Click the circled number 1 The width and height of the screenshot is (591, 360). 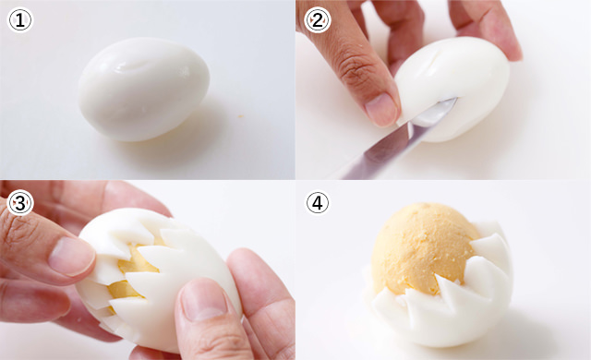[20, 20]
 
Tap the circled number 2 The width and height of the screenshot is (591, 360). [318, 20]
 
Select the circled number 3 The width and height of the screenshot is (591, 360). [20, 203]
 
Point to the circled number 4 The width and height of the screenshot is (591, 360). [318, 203]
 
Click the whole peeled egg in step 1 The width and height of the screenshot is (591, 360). [144, 89]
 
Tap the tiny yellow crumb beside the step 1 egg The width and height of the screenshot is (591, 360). [240, 116]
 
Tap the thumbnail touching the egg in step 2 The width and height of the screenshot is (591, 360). [381, 110]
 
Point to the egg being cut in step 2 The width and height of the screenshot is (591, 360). [452, 89]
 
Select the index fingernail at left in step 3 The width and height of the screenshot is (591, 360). [71, 256]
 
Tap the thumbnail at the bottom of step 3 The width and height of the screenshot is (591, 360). [203, 301]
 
